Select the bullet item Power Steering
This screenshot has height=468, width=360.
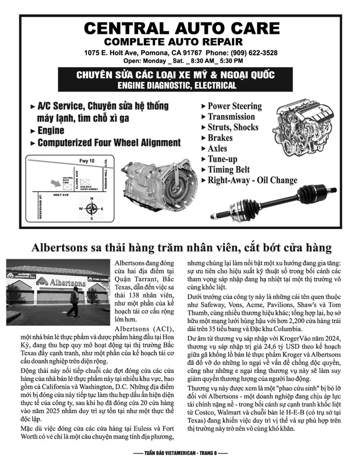[x=234, y=106]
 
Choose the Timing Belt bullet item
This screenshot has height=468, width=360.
[x=228, y=169]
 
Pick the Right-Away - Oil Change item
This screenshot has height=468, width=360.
[x=252, y=180]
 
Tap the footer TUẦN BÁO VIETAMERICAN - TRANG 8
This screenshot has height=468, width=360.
[x=180, y=452]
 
